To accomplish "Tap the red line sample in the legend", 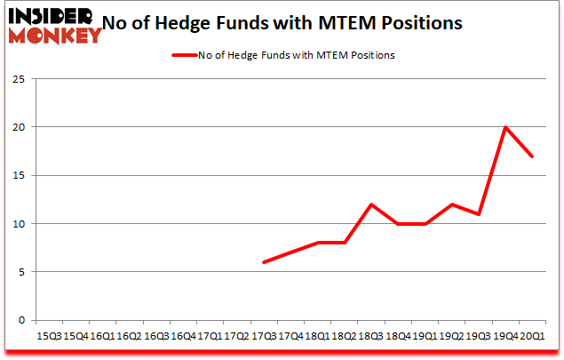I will click(x=187, y=55).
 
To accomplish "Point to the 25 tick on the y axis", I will click(x=19, y=79).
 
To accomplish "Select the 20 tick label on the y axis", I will click(x=19, y=127).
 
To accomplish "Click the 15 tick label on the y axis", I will click(x=19, y=175).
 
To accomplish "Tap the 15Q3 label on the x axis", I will click(x=48, y=336).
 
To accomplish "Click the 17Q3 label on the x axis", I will click(x=263, y=336).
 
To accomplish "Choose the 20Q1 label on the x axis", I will click(x=532, y=336).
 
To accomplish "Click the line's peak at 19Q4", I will click(x=505, y=127).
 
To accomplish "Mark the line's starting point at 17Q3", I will click(x=263, y=262).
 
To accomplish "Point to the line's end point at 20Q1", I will click(x=532, y=156).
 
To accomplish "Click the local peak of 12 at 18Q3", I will click(x=370, y=204).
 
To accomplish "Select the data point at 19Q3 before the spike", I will click(x=479, y=214).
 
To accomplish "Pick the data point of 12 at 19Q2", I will click(x=451, y=204).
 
